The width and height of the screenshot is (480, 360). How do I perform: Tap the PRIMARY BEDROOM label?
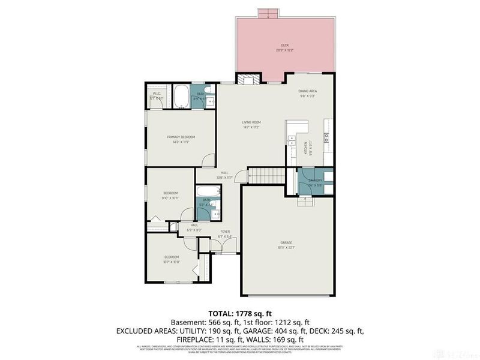point(181,137)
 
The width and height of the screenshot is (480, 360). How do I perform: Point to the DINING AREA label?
point(308,91)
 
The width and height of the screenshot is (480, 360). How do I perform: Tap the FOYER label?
point(225,231)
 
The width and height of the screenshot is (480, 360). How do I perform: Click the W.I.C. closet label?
point(156,94)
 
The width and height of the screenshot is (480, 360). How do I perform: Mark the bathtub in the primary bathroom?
point(181,97)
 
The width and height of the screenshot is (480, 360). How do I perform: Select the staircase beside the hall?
point(266,176)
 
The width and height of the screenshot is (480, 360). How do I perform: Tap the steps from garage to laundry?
point(305,201)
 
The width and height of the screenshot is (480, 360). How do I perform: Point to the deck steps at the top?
point(268,13)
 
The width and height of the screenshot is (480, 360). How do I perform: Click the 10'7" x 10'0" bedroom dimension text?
point(172,262)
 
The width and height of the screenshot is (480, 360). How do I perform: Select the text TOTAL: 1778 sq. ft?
point(240,313)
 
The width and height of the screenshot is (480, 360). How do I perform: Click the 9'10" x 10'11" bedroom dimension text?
point(170,197)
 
